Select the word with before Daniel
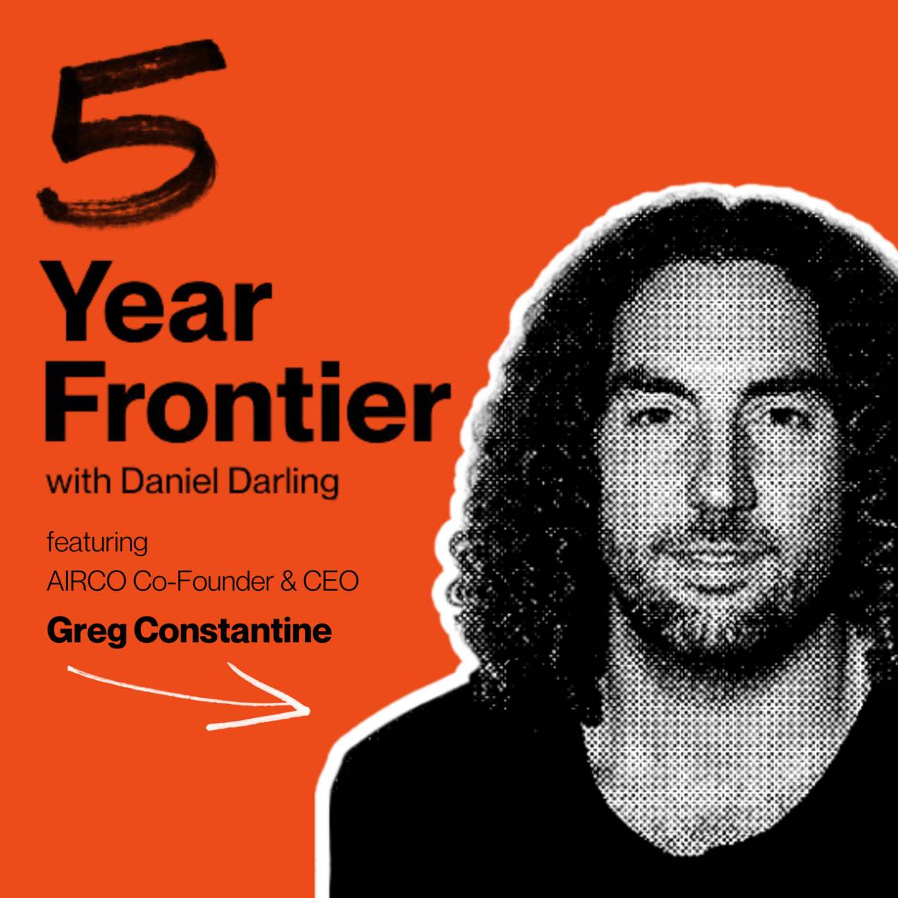(79, 482)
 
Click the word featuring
(97, 544)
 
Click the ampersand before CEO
(288, 582)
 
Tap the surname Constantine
(233, 630)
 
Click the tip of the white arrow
(309, 711)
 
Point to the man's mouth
(715, 555)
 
